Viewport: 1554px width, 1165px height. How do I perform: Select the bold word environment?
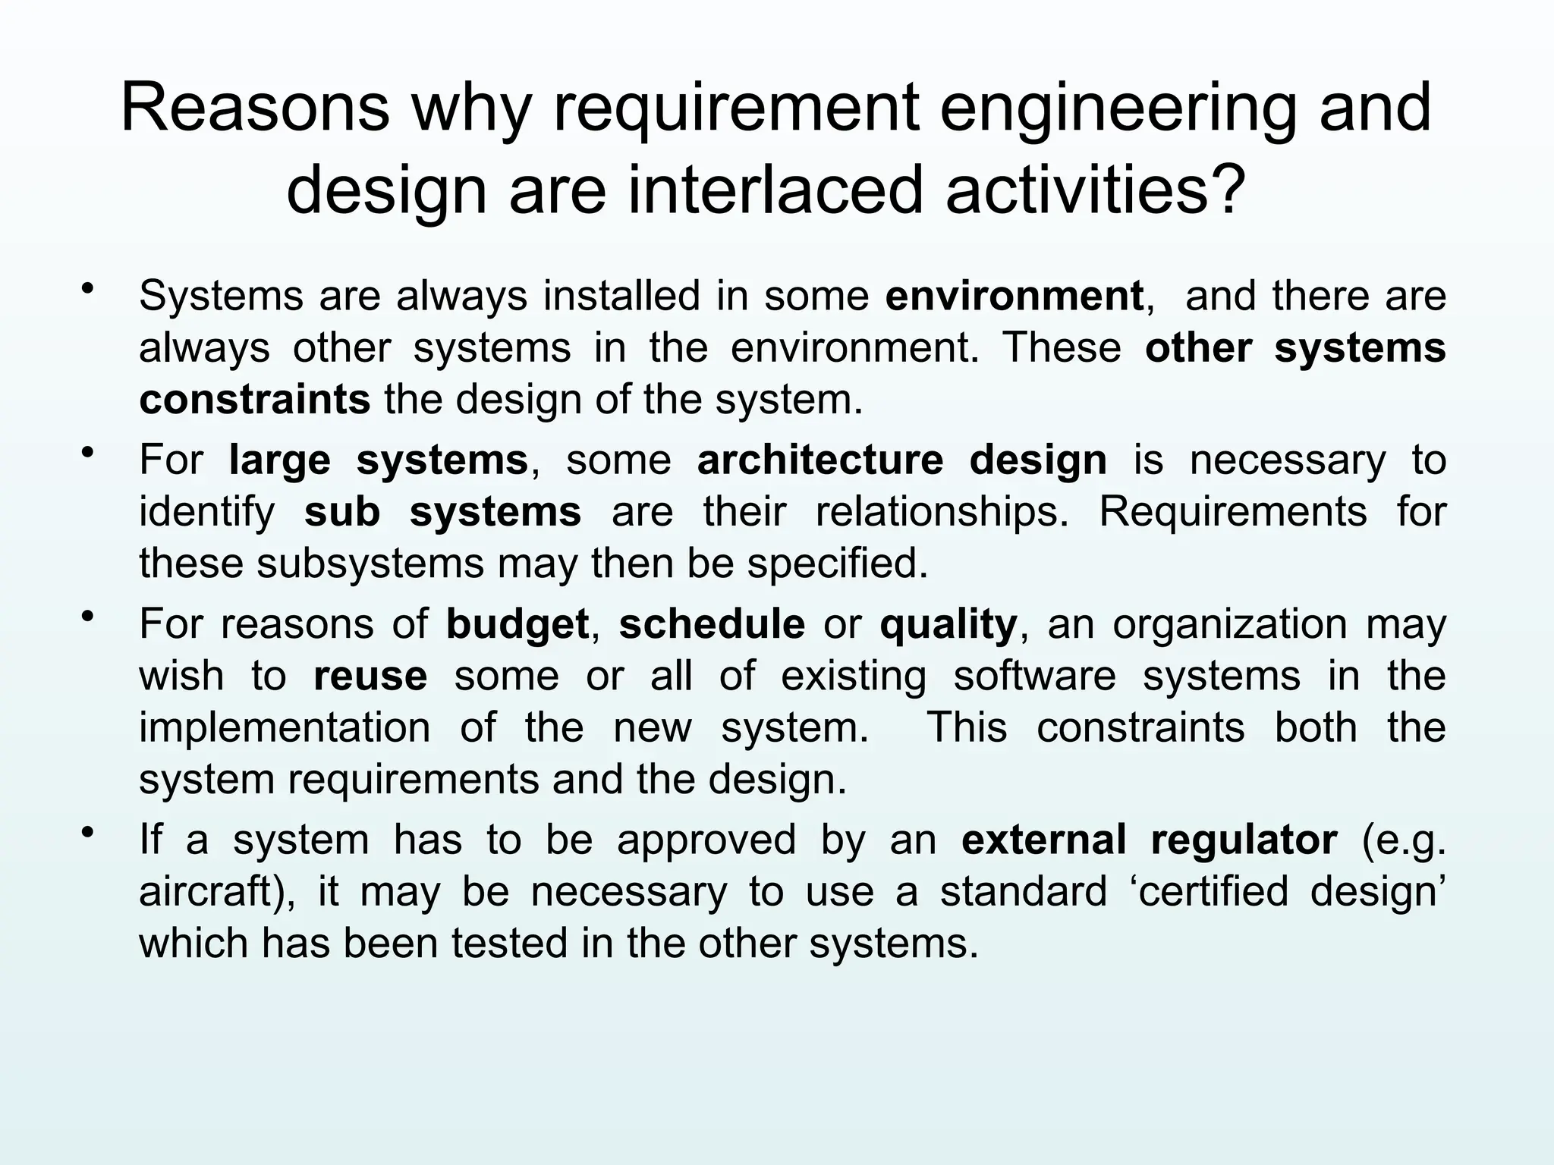click(1015, 296)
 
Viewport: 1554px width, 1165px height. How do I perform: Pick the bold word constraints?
click(254, 400)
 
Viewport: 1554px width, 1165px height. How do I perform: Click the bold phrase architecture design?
click(901, 460)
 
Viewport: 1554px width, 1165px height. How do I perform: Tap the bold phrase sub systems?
click(442, 512)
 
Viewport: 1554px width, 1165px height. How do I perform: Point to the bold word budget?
click(517, 624)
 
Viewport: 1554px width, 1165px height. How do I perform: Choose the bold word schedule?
click(712, 624)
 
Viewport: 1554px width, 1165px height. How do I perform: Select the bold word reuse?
click(370, 676)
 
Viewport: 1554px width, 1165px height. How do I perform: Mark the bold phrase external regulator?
click(1149, 840)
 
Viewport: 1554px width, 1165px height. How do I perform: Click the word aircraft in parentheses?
click(209, 892)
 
